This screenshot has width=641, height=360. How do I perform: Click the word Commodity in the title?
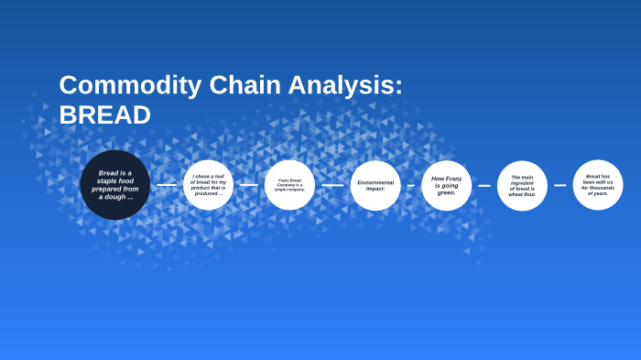tap(117, 85)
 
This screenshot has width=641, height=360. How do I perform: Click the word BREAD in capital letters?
tap(104, 115)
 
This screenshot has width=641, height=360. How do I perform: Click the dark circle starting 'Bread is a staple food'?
tap(114, 185)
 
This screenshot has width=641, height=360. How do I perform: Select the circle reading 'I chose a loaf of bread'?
tap(208, 185)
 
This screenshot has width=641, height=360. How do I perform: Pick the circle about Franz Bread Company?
tap(289, 185)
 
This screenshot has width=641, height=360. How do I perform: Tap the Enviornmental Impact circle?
tap(375, 185)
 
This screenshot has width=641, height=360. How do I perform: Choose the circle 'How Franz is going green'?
tap(446, 185)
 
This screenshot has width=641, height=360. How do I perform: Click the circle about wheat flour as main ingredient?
tap(522, 185)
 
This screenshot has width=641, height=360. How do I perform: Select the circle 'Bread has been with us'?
tap(598, 185)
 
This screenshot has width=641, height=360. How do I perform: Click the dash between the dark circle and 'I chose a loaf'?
tap(167, 185)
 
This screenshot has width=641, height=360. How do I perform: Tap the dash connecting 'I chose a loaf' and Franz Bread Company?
tap(248, 185)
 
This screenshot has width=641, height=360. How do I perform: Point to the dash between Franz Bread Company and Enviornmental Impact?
tap(332, 185)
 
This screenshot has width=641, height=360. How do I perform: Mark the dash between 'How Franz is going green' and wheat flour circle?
tap(484, 185)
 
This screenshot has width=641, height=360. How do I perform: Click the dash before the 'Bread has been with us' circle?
tap(560, 185)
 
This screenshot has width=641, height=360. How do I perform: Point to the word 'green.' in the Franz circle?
tap(446, 193)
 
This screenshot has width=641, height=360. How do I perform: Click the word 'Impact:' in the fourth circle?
tap(375, 189)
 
